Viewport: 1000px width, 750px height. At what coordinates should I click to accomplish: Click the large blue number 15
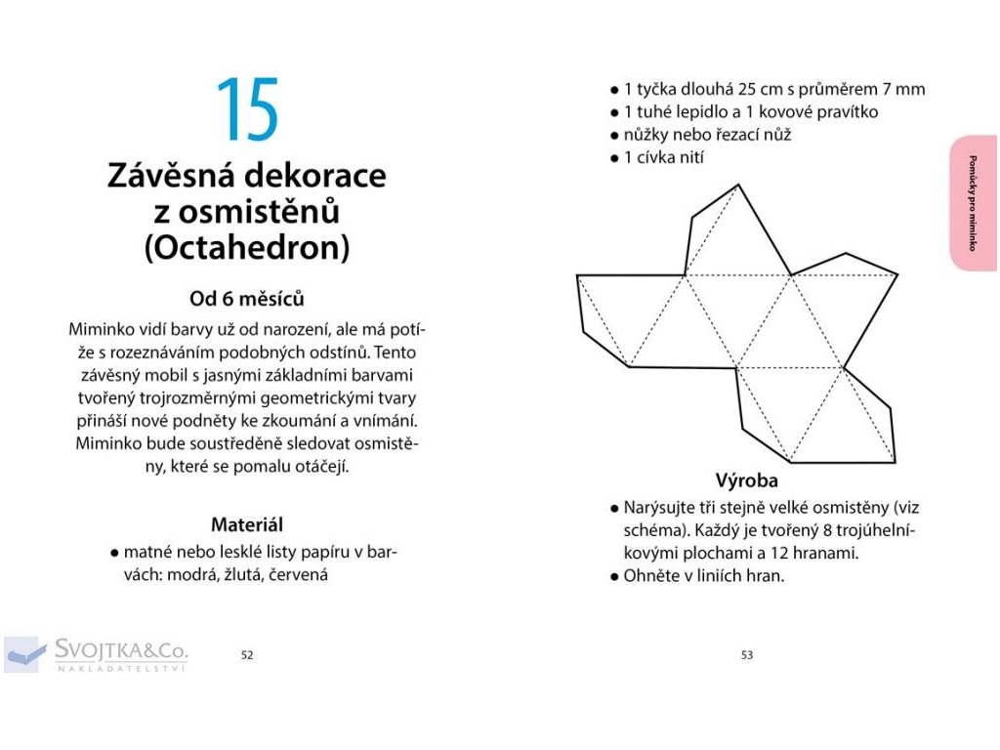point(247,109)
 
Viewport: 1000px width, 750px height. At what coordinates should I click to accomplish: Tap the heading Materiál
point(247,524)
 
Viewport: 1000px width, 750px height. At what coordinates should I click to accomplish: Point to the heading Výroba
point(747,480)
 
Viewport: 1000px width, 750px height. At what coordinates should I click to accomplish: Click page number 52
point(247,655)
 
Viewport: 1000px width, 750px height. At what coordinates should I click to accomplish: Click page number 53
point(747,655)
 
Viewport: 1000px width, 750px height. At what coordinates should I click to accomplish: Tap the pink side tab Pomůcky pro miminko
point(973,203)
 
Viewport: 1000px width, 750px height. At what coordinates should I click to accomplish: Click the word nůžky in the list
point(646,135)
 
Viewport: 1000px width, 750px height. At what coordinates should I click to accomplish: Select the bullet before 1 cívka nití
point(613,158)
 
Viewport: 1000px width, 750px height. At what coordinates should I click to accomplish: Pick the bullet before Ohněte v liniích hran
point(613,576)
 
